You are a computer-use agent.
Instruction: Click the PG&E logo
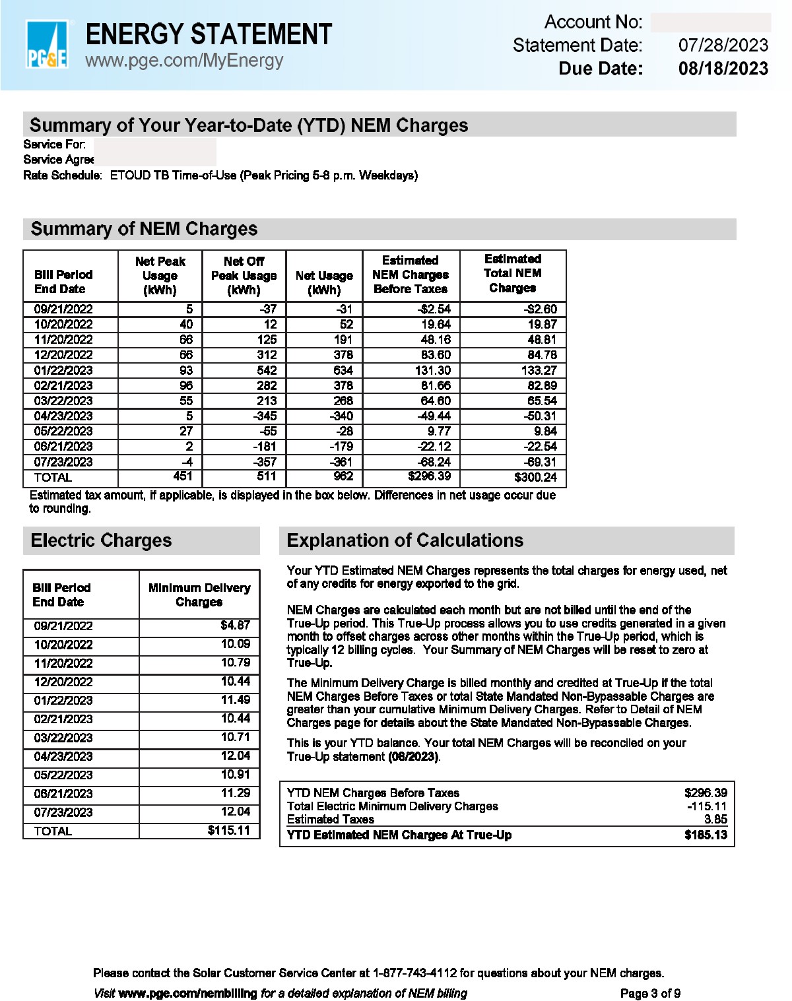click(x=46, y=44)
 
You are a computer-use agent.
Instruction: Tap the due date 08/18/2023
click(x=723, y=69)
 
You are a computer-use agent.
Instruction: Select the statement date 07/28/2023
click(x=723, y=46)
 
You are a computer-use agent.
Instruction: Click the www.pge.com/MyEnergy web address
click(x=184, y=61)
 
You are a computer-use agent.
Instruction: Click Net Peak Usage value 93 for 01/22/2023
click(x=186, y=370)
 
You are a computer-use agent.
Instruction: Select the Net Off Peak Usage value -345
click(x=265, y=416)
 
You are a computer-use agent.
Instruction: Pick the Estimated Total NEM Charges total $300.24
click(x=535, y=477)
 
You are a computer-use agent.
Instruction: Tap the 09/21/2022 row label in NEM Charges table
click(x=63, y=309)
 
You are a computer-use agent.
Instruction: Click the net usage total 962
click(x=343, y=476)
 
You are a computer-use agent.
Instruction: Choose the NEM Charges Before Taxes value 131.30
click(x=432, y=370)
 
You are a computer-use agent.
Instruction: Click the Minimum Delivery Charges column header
click(x=199, y=595)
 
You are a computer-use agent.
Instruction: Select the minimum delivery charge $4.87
click(x=235, y=625)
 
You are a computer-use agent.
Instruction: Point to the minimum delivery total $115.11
click(x=228, y=830)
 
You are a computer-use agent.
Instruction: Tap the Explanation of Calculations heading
click(x=405, y=540)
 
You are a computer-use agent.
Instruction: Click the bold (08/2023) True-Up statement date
click(x=413, y=756)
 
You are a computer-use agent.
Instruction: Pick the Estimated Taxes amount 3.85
click(x=715, y=819)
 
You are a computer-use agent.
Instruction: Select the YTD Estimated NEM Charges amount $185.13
click(x=706, y=835)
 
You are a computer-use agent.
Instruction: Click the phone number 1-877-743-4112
click(x=414, y=973)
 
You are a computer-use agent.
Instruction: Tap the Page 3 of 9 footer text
click(x=650, y=993)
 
